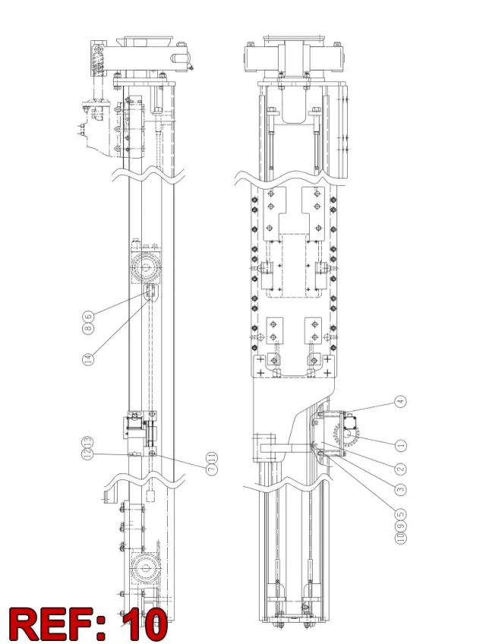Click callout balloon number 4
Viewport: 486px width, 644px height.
click(x=400, y=401)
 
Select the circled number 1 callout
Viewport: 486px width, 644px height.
click(x=400, y=445)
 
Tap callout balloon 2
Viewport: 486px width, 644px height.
click(x=400, y=468)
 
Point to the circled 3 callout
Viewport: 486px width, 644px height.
click(x=400, y=489)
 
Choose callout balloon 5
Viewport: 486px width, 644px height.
click(x=400, y=514)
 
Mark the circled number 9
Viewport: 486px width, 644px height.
click(x=400, y=525)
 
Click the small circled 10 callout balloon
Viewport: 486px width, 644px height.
click(x=400, y=537)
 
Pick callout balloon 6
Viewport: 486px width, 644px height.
click(x=88, y=316)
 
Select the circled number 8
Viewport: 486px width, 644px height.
click(x=88, y=328)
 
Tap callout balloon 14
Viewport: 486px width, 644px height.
click(x=88, y=359)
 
